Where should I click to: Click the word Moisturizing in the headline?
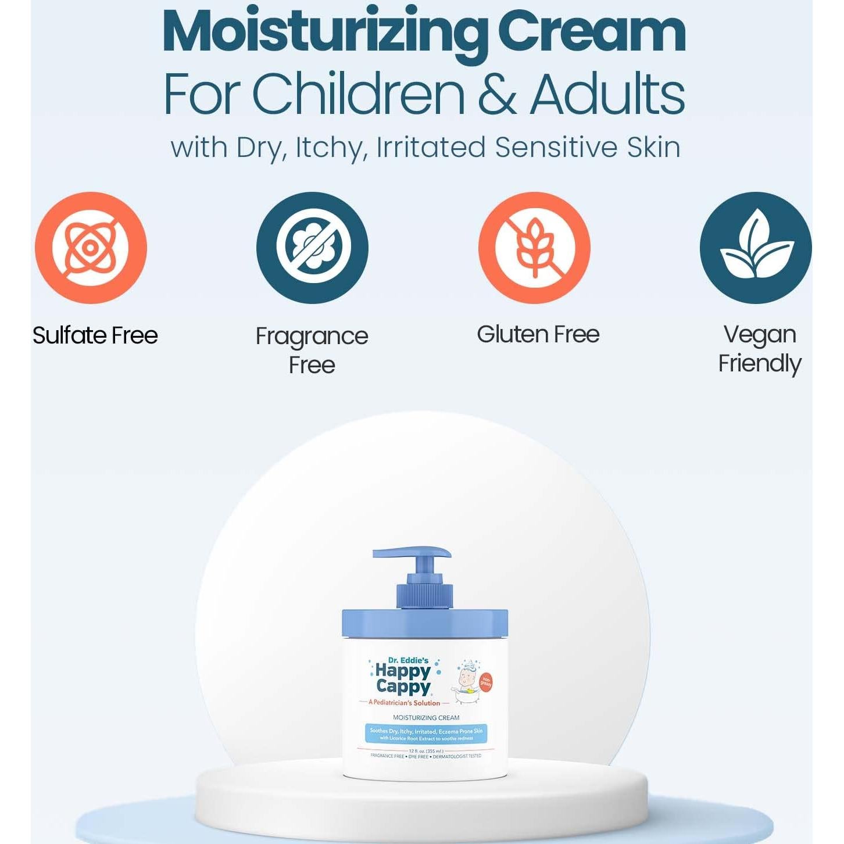pyautogui.click(x=326, y=34)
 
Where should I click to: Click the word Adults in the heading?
pyautogui.click(x=607, y=94)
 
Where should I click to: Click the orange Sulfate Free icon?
pyautogui.click(x=91, y=248)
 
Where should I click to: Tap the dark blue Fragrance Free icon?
pyautogui.click(x=312, y=248)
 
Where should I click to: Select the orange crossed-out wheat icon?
pyautogui.click(x=534, y=248)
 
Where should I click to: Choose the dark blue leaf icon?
pyautogui.click(x=756, y=248)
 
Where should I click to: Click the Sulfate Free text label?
pyautogui.click(x=95, y=335)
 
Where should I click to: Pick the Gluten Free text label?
pyautogui.click(x=538, y=334)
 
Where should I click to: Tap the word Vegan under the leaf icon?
pyautogui.click(x=760, y=334)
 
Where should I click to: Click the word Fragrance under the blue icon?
pyautogui.click(x=312, y=336)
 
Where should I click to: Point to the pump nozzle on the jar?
pyautogui.click(x=412, y=553)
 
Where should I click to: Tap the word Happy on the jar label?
pyautogui.click(x=403, y=671)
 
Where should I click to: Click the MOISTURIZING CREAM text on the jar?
pyautogui.click(x=426, y=718)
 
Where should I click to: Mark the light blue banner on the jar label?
pyautogui.click(x=426, y=734)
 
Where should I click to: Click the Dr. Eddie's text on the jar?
pyautogui.click(x=408, y=660)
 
